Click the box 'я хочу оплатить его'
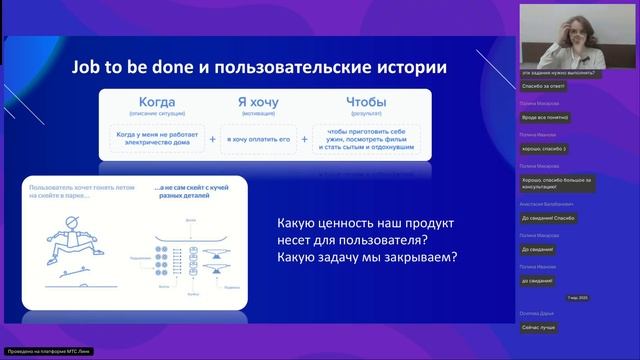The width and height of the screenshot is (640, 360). pos(258,139)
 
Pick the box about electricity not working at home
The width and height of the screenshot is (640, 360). pos(151,139)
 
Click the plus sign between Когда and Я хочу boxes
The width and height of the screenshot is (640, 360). pos(211,139)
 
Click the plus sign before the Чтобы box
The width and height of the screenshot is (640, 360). pos(304,139)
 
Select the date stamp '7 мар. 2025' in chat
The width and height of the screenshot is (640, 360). pos(579,298)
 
